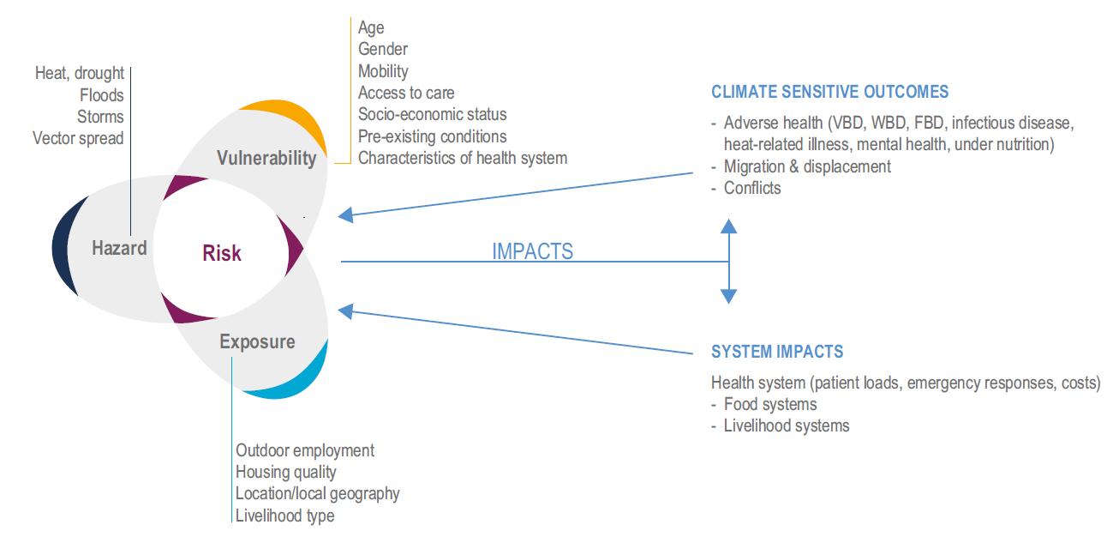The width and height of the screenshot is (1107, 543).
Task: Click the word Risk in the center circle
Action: point(222,253)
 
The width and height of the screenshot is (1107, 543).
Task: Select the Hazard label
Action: point(119,249)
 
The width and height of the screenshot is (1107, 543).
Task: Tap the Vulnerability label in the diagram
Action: point(266,159)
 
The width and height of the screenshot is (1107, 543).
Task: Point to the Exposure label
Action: point(257,342)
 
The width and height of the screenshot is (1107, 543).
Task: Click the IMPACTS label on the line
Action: point(532,251)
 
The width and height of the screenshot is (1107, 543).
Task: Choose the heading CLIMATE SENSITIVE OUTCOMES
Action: point(829,92)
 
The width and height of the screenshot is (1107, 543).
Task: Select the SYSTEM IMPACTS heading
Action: point(777,352)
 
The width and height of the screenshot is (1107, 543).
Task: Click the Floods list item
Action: point(102,95)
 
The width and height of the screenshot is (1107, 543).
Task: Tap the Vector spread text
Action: point(78,138)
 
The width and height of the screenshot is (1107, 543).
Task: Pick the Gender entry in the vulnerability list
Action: point(383,50)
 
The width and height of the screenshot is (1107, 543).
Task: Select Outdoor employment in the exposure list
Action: point(305,450)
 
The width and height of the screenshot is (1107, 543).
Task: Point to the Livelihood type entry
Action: point(284,516)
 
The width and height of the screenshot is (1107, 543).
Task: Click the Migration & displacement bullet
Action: point(806,166)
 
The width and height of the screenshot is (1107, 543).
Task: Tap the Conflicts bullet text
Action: point(751,188)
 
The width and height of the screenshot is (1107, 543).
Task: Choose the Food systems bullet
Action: point(769,404)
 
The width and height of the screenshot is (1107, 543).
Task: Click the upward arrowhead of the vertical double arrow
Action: point(728,226)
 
